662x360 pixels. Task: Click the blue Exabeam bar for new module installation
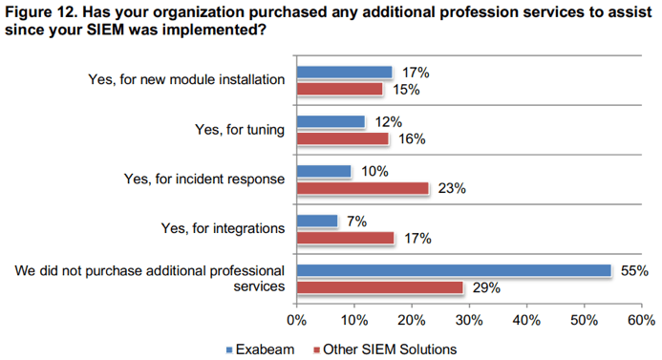(x=345, y=73)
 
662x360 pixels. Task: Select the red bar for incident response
(x=363, y=188)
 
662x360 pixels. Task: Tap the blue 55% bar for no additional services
(x=454, y=271)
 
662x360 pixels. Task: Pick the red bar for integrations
(x=346, y=238)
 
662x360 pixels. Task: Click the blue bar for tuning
(x=331, y=122)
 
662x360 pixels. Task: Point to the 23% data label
(x=451, y=189)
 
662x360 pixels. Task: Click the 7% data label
(x=357, y=222)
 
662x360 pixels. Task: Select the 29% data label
(x=485, y=287)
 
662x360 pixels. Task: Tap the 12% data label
(x=389, y=122)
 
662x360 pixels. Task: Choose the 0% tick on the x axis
(x=296, y=319)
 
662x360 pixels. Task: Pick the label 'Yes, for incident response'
(x=204, y=179)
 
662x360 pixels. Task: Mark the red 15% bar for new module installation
(x=339, y=89)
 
